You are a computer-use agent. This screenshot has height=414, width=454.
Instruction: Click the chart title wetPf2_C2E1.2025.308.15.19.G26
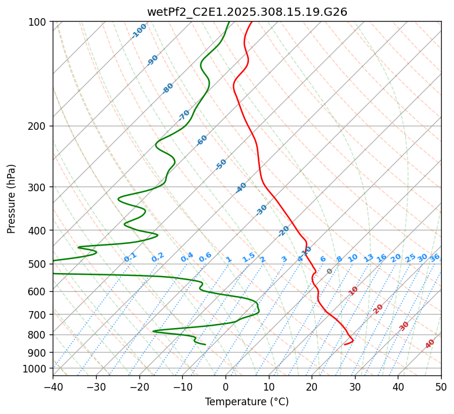247,12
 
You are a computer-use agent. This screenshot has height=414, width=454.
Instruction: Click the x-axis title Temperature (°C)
247,402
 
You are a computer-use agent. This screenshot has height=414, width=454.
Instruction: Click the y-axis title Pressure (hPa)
11,199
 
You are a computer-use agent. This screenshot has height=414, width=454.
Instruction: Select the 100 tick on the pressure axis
39,22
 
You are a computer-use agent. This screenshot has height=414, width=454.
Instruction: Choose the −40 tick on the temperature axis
53,387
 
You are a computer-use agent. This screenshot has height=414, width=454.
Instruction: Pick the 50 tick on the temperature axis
441,387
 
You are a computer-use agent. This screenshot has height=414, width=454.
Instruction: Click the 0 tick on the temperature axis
226,387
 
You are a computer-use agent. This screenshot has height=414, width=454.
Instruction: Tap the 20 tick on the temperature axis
312,387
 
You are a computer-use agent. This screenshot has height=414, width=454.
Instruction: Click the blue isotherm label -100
139,30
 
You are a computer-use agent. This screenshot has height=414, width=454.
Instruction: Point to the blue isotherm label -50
221,164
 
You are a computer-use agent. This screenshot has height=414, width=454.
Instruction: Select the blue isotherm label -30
262,210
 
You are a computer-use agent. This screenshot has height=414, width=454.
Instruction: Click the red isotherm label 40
430,344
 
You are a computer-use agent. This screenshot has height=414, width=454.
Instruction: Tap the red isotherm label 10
353,291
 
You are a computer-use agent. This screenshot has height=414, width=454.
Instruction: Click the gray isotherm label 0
330,271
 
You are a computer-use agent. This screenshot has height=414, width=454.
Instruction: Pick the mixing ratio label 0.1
130,257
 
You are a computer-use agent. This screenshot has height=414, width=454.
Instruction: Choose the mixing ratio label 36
435,257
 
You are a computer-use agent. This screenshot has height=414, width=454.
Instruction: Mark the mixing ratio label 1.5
249,257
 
